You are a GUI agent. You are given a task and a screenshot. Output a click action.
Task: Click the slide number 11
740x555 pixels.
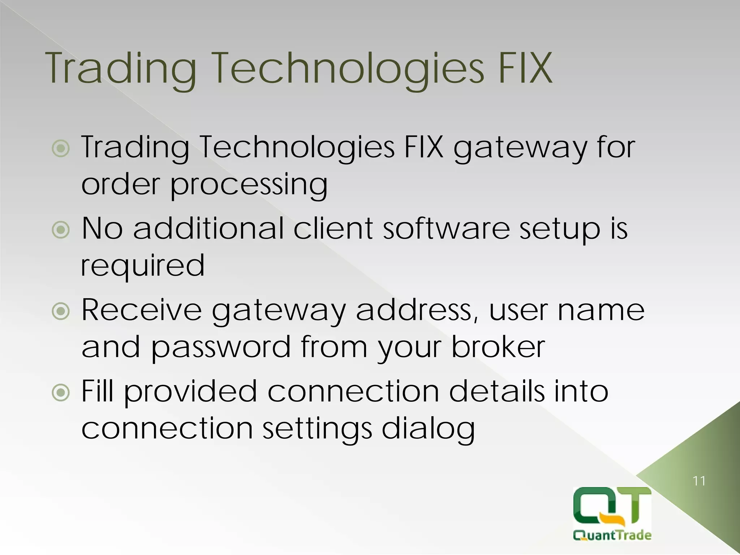pyautogui.click(x=699, y=481)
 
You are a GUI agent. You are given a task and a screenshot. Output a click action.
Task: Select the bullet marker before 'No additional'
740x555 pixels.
pyautogui.click(x=61, y=230)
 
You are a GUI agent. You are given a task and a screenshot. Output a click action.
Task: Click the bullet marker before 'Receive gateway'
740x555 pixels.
pyautogui.click(x=61, y=311)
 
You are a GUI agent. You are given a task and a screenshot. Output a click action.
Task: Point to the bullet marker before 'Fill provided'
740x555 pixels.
pyautogui.click(x=61, y=392)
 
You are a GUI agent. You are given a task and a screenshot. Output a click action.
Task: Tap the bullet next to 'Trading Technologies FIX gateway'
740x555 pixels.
pyautogui.click(x=61, y=149)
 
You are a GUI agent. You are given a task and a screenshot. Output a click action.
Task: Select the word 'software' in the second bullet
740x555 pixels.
pyautogui.click(x=446, y=228)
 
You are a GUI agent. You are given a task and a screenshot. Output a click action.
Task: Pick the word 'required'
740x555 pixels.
pyautogui.click(x=143, y=266)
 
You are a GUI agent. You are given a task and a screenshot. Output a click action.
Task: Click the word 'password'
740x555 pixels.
pyautogui.click(x=220, y=347)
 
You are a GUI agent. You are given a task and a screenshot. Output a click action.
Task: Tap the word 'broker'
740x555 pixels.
pyautogui.click(x=498, y=347)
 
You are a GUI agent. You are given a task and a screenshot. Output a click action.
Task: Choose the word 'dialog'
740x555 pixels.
pyautogui.click(x=428, y=429)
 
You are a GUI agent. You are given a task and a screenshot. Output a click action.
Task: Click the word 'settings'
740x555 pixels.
pyautogui.click(x=317, y=429)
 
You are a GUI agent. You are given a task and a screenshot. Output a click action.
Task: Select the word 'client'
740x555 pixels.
pyautogui.click(x=333, y=228)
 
